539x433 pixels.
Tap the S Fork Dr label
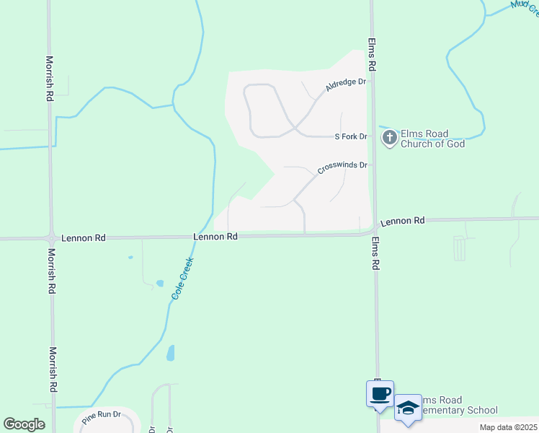[x=351, y=136]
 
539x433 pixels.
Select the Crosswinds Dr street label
[x=342, y=167]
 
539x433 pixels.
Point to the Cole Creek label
[x=183, y=279]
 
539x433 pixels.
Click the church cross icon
[x=390, y=137]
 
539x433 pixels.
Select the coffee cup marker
[x=380, y=394]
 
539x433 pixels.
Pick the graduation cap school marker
[x=408, y=408]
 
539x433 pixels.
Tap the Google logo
[x=24, y=424]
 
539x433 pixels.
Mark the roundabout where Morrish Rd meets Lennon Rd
[x=51, y=237]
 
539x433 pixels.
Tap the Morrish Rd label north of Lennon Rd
[x=50, y=78]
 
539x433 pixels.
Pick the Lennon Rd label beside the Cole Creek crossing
[x=215, y=237]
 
